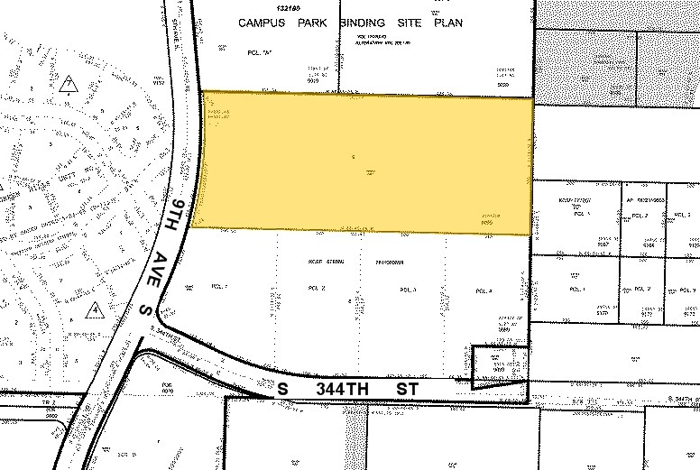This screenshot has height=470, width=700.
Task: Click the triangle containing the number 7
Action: click(68, 86)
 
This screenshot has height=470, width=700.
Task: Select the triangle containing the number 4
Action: click(95, 311)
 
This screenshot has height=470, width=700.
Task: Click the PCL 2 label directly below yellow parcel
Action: click(316, 288)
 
